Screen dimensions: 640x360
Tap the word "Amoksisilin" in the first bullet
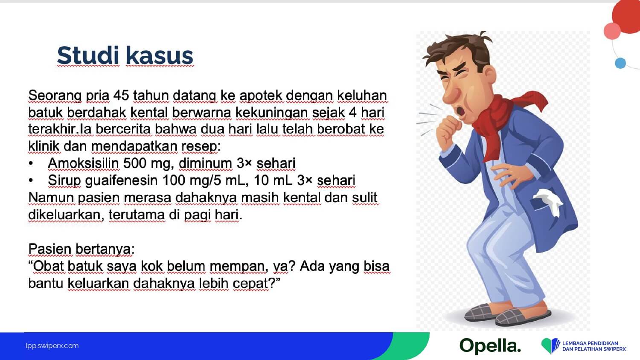(x=83, y=163)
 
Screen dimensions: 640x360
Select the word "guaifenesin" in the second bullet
(x=122, y=180)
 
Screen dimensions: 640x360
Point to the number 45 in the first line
(x=121, y=96)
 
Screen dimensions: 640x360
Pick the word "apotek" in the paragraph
(x=261, y=96)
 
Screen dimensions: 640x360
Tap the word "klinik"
(x=44, y=146)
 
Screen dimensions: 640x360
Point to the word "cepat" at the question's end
(x=250, y=284)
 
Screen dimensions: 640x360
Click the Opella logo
(x=490, y=346)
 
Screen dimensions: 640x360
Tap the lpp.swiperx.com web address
(x=52, y=346)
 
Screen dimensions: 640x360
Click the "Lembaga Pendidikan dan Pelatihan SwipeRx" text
(x=594, y=346)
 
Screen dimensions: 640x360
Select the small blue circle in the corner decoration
(x=620, y=63)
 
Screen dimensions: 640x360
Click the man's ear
(x=489, y=75)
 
